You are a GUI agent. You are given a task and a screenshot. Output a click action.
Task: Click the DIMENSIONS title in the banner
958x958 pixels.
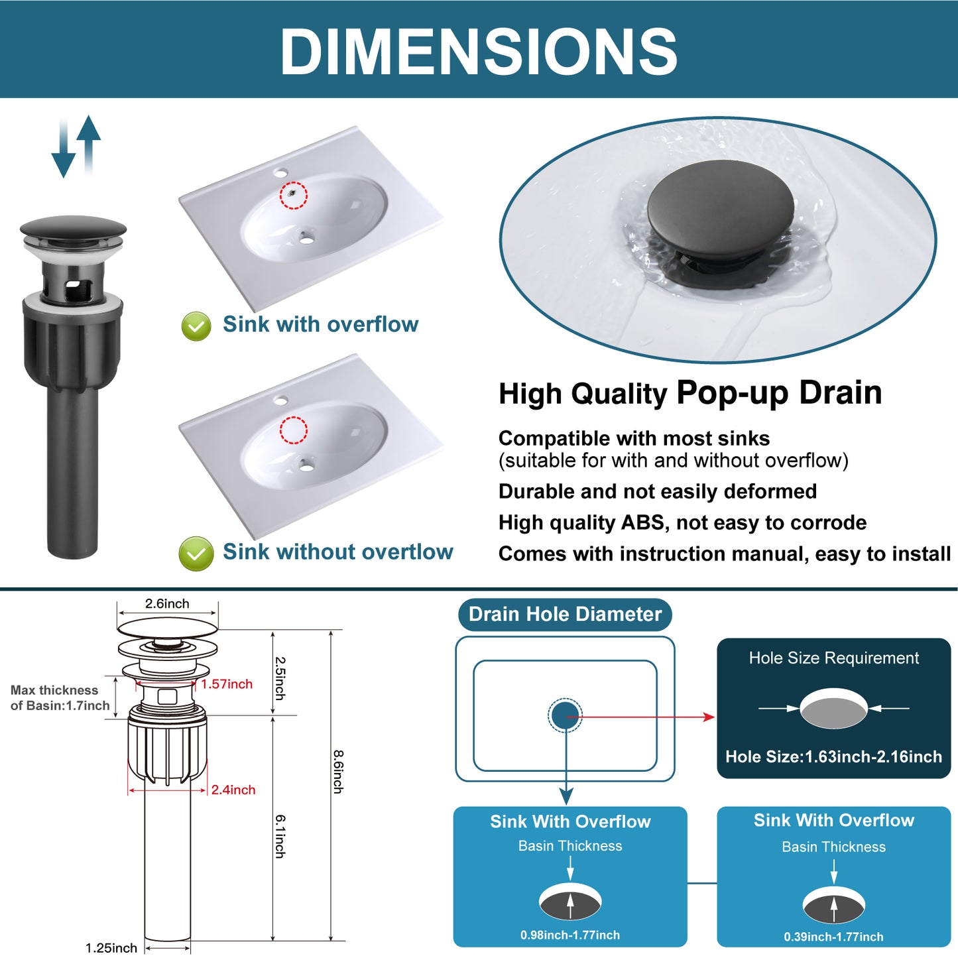click(x=479, y=50)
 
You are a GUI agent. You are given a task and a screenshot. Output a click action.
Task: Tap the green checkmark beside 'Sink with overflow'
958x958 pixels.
click(x=196, y=326)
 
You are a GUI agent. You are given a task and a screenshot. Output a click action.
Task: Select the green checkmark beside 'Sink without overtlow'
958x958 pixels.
click(x=196, y=554)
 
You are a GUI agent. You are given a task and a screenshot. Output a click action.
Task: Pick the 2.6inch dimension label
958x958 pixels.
click(x=167, y=603)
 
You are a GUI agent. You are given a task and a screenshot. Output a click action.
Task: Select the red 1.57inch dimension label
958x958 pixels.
click(x=227, y=684)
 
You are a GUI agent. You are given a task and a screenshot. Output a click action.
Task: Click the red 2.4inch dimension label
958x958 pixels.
click(x=233, y=790)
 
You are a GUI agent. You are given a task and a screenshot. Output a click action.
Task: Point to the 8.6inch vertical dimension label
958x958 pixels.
click(x=338, y=772)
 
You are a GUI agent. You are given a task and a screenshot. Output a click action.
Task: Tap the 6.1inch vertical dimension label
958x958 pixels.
click(x=280, y=836)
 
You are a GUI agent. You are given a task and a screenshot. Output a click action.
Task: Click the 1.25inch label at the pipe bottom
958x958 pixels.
click(x=111, y=948)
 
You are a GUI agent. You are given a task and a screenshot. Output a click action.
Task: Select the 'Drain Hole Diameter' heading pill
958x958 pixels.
click(x=566, y=615)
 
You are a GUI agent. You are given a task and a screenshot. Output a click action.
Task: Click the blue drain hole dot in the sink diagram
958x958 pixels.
click(x=565, y=715)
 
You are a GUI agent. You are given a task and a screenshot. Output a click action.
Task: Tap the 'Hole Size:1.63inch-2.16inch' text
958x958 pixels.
click(x=834, y=756)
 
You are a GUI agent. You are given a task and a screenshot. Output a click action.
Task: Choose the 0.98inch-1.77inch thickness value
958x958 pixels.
click(x=570, y=935)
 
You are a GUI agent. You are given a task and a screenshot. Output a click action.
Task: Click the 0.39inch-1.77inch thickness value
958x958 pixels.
click(x=834, y=937)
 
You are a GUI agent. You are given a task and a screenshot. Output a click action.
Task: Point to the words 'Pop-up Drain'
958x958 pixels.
click(x=780, y=392)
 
